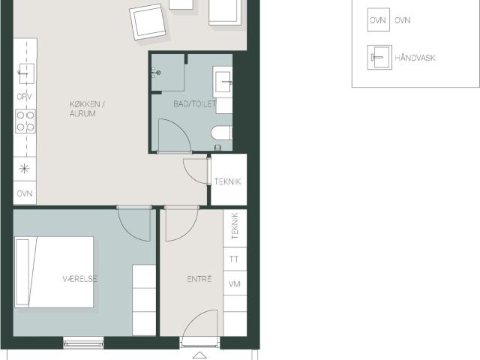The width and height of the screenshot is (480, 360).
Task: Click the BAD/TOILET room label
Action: pyautogui.click(x=195, y=103)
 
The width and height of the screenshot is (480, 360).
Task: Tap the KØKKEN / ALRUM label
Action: pyautogui.click(x=87, y=109)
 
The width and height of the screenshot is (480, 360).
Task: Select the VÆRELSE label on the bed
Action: pyautogui.click(x=80, y=279)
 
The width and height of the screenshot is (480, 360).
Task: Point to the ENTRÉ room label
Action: pyautogui.click(x=199, y=279)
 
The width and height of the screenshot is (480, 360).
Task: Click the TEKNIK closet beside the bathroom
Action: pyautogui.click(x=229, y=180)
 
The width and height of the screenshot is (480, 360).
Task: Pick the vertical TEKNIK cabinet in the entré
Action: pyautogui.click(x=235, y=228)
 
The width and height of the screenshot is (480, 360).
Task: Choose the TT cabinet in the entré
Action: pyautogui.click(x=235, y=259)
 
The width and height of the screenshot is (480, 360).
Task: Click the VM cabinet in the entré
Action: pyautogui.click(x=235, y=283)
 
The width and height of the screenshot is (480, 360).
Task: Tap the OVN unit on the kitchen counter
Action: pyautogui.click(x=25, y=193)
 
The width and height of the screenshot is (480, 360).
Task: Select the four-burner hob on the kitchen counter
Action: pyautogui.click(x=25, y=121)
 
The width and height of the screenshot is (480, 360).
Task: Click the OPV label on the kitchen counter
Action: pyautogui.click(x=25, y=97)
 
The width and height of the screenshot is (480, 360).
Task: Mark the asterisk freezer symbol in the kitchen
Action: pyautogui.click(x=25, y=169)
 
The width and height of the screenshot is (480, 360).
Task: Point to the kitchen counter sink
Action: pyautogui.click(x=27, y=73)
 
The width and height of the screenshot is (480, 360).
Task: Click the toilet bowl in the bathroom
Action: pyautogui.click(x=222, y=133)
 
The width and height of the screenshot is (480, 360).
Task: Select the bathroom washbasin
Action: pyautogui.click(x=223, y=82)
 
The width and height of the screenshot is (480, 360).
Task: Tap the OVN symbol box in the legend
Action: pyautogui.click(x=378, y=19)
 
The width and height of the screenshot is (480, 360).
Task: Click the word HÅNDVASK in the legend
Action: pyautogui.click(x=415, y=58)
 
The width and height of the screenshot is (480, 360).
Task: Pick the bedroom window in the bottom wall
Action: pyautogui.click(x=83, y=343)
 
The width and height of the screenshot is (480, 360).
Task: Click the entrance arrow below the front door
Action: pyautogui.click(x=199, y=355)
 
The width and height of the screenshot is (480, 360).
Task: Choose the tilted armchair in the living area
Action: pyautogui.click(x=148, y=22)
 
